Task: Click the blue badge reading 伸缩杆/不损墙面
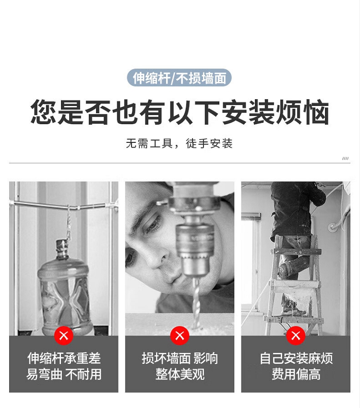[179, 78]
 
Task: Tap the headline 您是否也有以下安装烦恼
[180, 112]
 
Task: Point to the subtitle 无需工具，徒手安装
[179, 143]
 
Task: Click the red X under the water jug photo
[64, 336]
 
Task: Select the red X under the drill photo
[180, 336]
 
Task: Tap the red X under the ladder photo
[296, 336]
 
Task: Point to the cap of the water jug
[62, 245]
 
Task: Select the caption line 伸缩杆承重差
[64, 358]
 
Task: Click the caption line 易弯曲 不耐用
[64, 374]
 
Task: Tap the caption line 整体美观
[180, 374]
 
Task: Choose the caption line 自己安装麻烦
[296, 358]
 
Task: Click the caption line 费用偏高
[296, 374]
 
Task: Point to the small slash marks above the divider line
[345, 158]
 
